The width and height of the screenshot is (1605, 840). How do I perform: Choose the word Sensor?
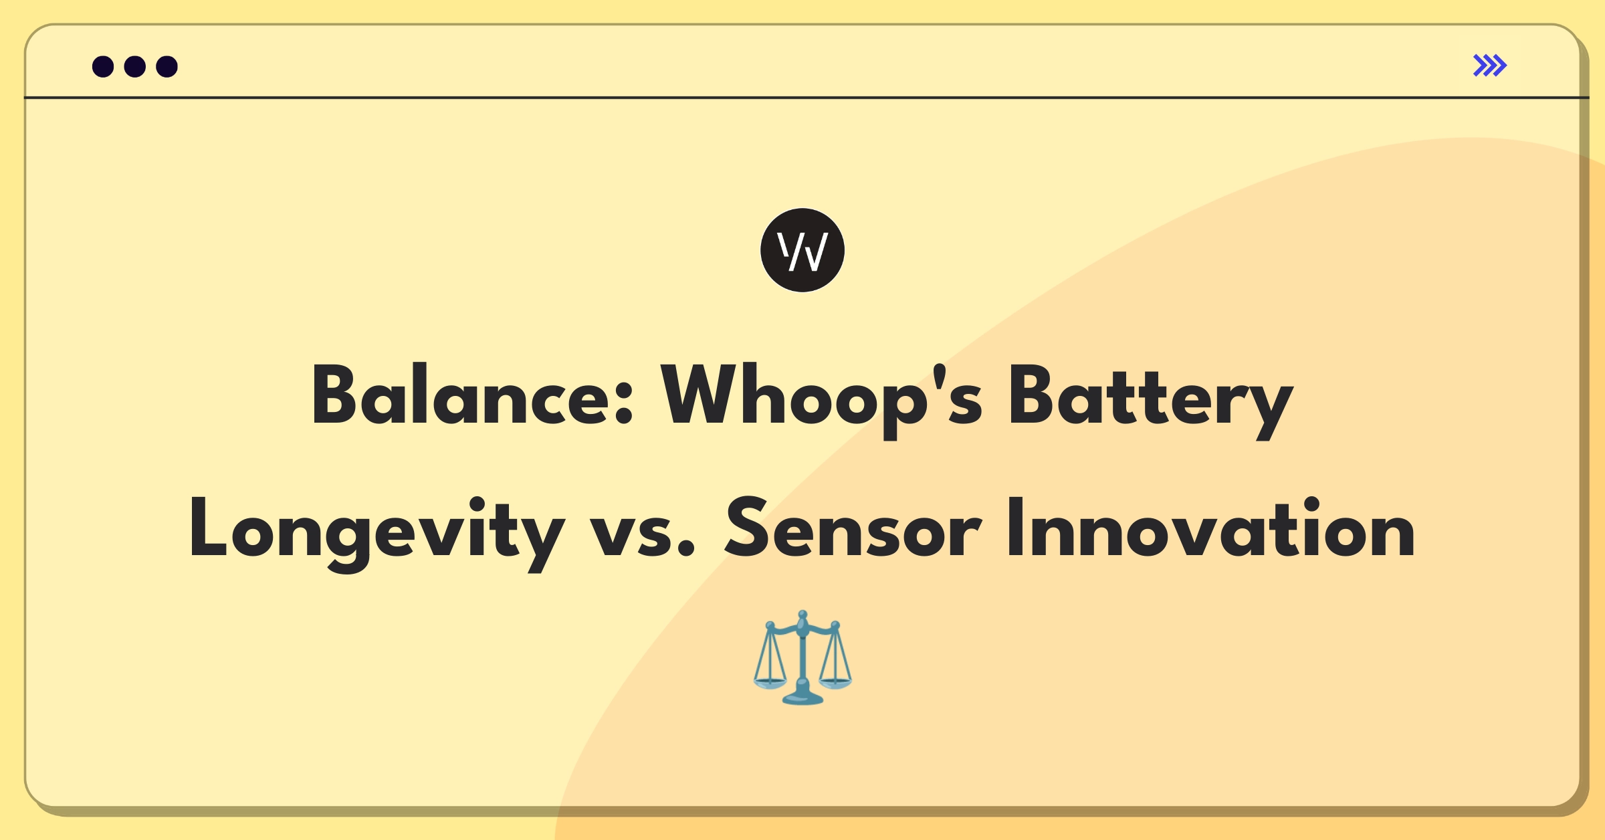pyautogui.click(x=853, y=528)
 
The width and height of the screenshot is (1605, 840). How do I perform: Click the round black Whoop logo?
pyautogui.click(x=802, y=250)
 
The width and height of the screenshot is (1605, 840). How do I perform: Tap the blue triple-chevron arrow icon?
pyautogui.click(x=1490, y=66)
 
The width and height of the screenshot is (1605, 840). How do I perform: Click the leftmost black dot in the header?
pyautogui.click(x=103, y=66)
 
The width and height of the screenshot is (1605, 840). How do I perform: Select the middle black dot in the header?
pyautogui.click(x=135, y=66)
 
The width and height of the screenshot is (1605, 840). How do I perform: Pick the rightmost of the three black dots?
pyautogui.click(x=167, y=66)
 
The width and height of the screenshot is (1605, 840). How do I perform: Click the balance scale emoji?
pyautogui.click(x=802, y=657)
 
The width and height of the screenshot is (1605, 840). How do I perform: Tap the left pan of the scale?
pyautogui.click(x=770, y=684)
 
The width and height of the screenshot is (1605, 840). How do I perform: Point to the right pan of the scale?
pyautogui.click(x=835, y=684)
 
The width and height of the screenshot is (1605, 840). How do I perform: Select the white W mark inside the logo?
pyautogui.click(x=802, y=251)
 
